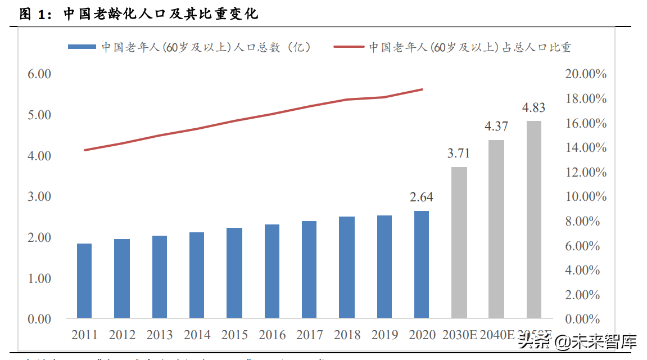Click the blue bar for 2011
pyautogui.click(x=84, y=281)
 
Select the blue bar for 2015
pyautogui.click(x=234, y=273)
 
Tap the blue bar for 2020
pyautogui.click(x=422, y=264)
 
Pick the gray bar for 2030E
pyautogui.click(x=459, y=242)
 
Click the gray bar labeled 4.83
pyautogui.click(x=533, y=219)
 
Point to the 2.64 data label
pyautogui.click(x=422, y=197)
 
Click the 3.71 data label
pyautogui.click(x=459, y=153)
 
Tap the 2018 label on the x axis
pyautogui.click(x=347, y=335)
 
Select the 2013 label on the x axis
pyautogui.click(x=160, y=335)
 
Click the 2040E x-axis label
pyautogui.click(x=496, y=335)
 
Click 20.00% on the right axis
pyautogui.click(x=586, y=74)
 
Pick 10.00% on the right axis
pyautogui.click(x=586, y=197)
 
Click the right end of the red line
pyautogui.click(x=422, y=89)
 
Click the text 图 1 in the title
pyautogui.click(x=31, y=13)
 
